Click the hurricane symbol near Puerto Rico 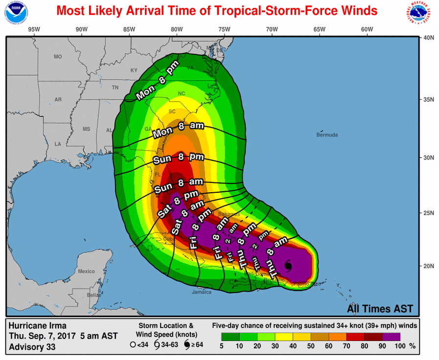pyautogui.click(x=288, y=266)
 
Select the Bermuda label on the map pyautogui.click(x=327, y=135)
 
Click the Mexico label pyautogui.click(x=86, y=271)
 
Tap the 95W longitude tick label pyautogui.click(x=34, y=29)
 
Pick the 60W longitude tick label pyautogui.click(x=367, y=29)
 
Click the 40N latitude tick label pyautogui.click(x=429, y=38)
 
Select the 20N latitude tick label pyautogui.click(x=429, y=266)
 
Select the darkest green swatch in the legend pyautogui.click(x=230, y=337)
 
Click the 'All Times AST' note pyautogui.click(x=380, y=309)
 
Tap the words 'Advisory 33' pyautogui.click(x=32, y=347)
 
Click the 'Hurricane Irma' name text pyautogui.click(x=37, y=326)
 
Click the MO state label pyautogui.click(x=58, y=57)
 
